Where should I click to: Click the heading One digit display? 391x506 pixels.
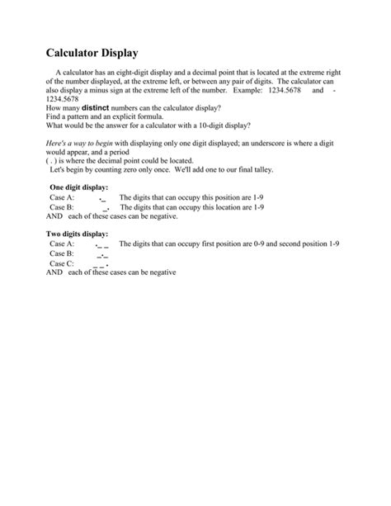tap(78, 188)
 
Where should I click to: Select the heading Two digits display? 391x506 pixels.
tap(80, 235)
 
